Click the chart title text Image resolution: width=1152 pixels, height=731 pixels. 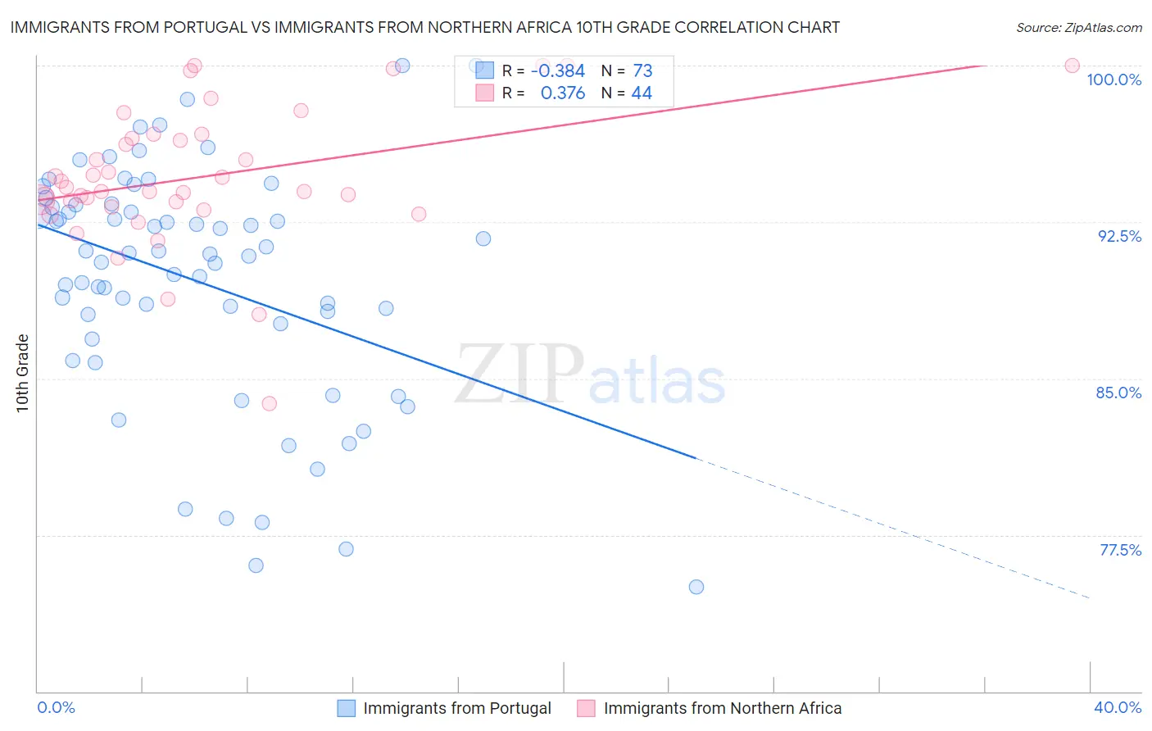425,27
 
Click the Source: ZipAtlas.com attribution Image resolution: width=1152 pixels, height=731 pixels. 1078,27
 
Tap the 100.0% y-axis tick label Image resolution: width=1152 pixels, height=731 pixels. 1113,79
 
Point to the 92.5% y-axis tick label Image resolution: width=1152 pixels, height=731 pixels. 1119,236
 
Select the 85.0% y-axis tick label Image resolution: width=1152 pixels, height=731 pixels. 1118,393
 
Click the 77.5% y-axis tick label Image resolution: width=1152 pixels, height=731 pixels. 1120,550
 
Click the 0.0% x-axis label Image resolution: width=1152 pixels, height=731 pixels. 56,707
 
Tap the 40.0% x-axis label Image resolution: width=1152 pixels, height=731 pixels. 1118,707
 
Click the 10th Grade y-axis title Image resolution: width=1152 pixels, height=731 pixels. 23,373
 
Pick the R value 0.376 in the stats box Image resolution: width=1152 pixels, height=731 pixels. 563,93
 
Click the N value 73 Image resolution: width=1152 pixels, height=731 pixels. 642,71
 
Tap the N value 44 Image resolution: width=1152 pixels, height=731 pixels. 642,93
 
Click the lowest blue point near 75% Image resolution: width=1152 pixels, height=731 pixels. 696,587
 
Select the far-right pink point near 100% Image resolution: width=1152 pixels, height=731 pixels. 1072,66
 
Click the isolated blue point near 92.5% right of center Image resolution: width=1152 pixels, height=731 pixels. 483,238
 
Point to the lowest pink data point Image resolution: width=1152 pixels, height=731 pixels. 269,403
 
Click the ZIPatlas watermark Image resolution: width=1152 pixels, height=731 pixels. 590,376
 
